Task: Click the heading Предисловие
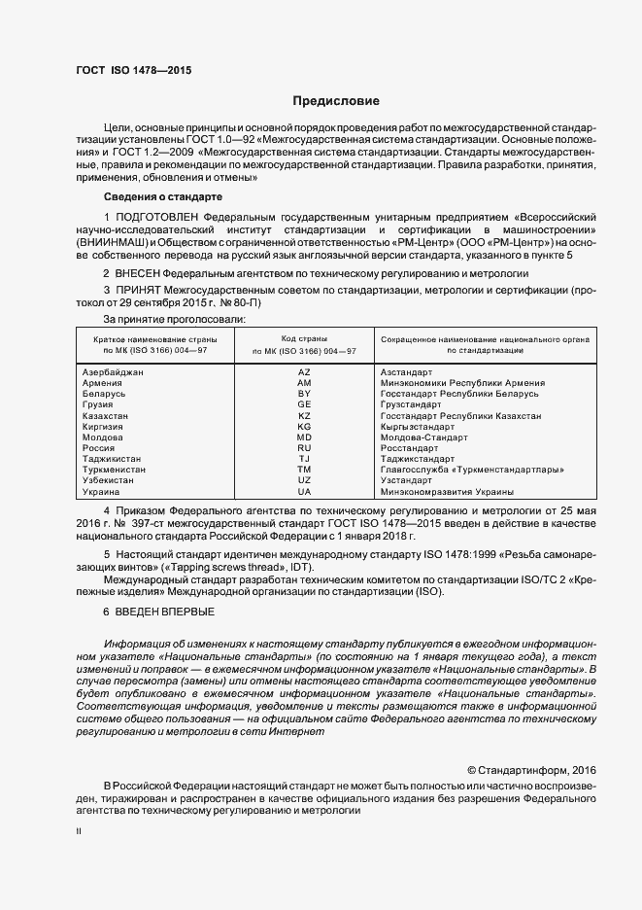[336, 101]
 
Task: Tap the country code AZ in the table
[303, 372]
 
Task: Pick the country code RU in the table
[303, 448]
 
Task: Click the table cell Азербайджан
[114, 372]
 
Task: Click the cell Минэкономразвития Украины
[446, 492]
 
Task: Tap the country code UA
[303, 492]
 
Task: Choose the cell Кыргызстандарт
[418, 427]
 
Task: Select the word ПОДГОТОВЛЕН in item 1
[155, 215]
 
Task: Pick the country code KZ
[303, 416]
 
